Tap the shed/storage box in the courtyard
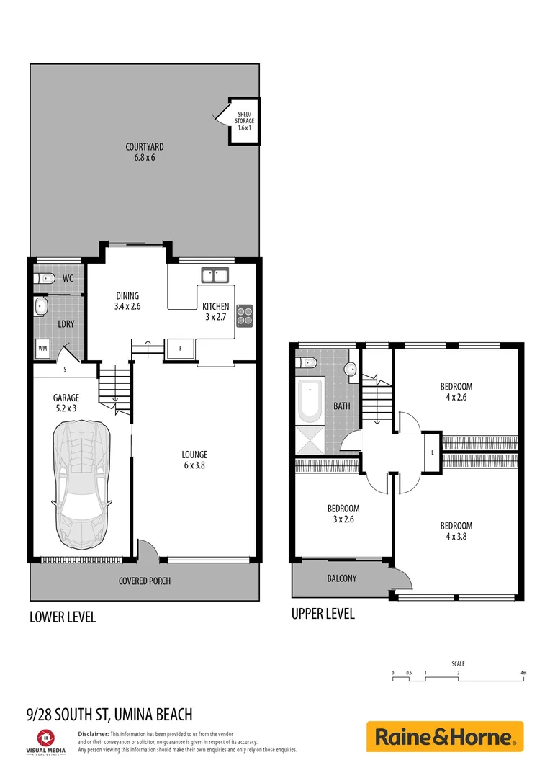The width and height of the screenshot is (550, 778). click(244, 121)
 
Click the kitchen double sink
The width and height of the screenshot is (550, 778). click(215, 274)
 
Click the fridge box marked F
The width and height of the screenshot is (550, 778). click(180, 349)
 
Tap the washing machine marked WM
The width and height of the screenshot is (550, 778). click(43, 349)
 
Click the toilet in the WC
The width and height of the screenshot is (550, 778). click(45, 277)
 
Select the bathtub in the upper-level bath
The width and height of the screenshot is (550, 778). click(310, 402)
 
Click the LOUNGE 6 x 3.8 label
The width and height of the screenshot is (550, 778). click(194, 460)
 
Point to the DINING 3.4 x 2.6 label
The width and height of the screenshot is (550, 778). click(127, 301)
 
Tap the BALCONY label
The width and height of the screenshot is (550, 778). click(341, 578)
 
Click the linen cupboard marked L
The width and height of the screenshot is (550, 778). click(432, 452)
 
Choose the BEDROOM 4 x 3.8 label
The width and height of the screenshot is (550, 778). click(456, 531)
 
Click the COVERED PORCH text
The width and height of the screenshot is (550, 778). click(145, 581)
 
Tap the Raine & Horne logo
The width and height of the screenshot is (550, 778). click(444, 737)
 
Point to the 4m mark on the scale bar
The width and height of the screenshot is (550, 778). click(523, 673)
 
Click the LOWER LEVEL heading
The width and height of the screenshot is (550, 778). click(62, 617)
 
